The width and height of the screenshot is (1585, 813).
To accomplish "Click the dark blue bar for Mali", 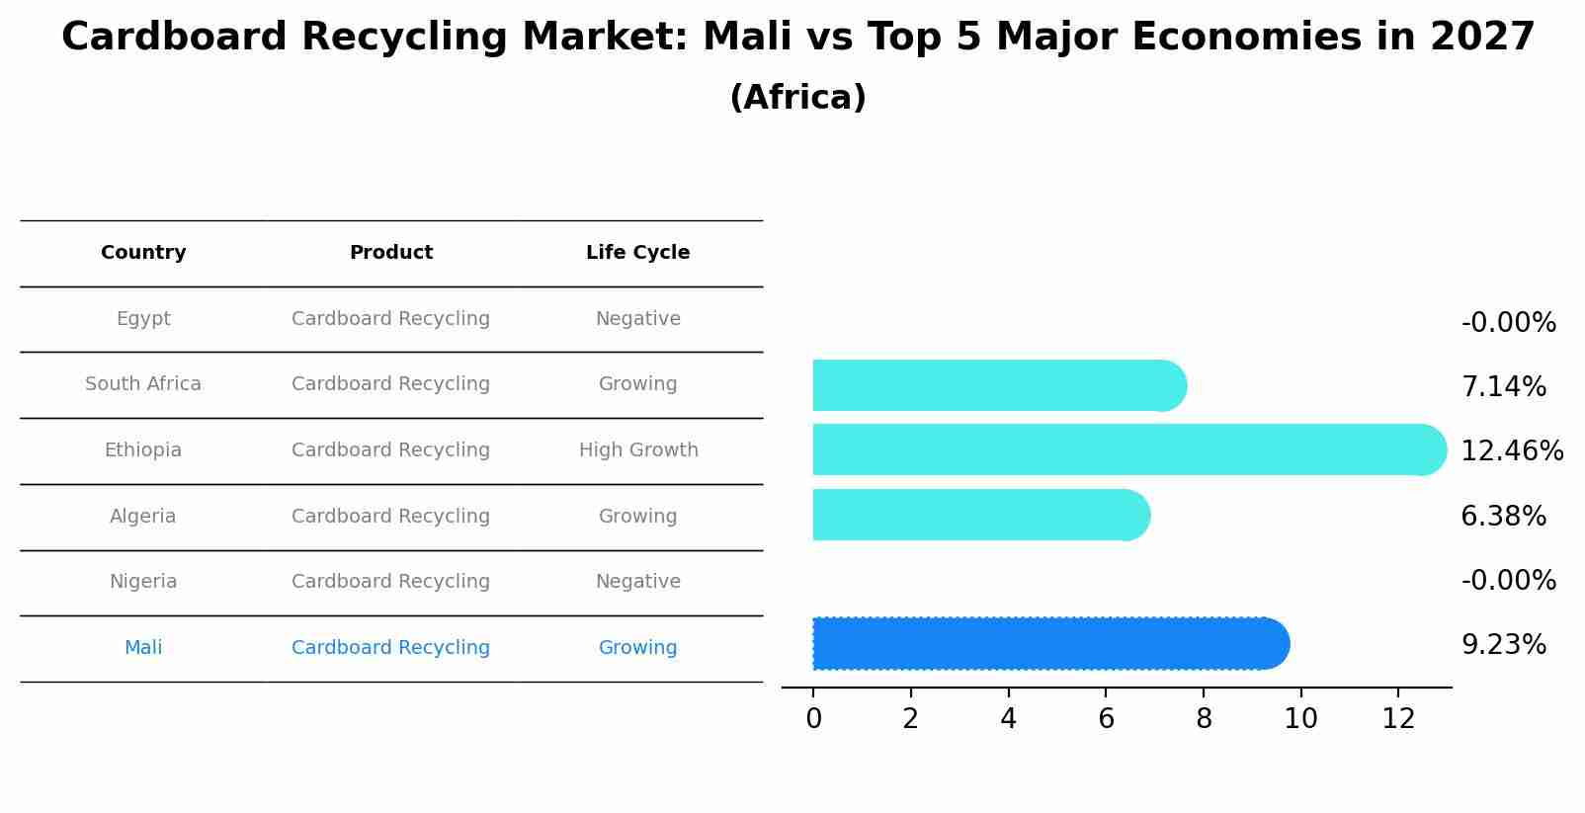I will click(x=1047, y=644).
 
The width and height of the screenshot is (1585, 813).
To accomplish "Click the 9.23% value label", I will click(x=1503, y=645).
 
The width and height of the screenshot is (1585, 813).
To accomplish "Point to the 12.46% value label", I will click(x=1511, y=451).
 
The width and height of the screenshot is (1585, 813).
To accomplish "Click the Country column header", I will click(x=143, y=253).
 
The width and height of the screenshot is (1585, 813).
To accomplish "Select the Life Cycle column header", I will click(x=637, y=253).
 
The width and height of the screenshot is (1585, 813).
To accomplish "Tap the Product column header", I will click(x=391, y=253).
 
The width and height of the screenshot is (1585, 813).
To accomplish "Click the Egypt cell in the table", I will click(x=143, y=319).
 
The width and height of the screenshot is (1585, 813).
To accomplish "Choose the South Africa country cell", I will click(x=143, y=384).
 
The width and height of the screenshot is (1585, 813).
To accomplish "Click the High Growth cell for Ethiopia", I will click(x=638, y=450).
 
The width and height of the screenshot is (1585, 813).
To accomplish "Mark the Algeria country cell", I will click(x=143, y=517).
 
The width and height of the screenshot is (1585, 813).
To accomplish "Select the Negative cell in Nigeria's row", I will click(x=637, y=582).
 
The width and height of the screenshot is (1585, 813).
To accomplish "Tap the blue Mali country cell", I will click(x=143, y=648).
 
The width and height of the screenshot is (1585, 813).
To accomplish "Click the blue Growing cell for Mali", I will click(x=637, y=648).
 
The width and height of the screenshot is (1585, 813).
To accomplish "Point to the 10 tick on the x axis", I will click(x=1300, y=719).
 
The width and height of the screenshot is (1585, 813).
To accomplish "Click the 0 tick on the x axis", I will click(x=813, y=719).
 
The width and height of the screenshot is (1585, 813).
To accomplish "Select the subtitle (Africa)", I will click(x=797, y=98).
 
